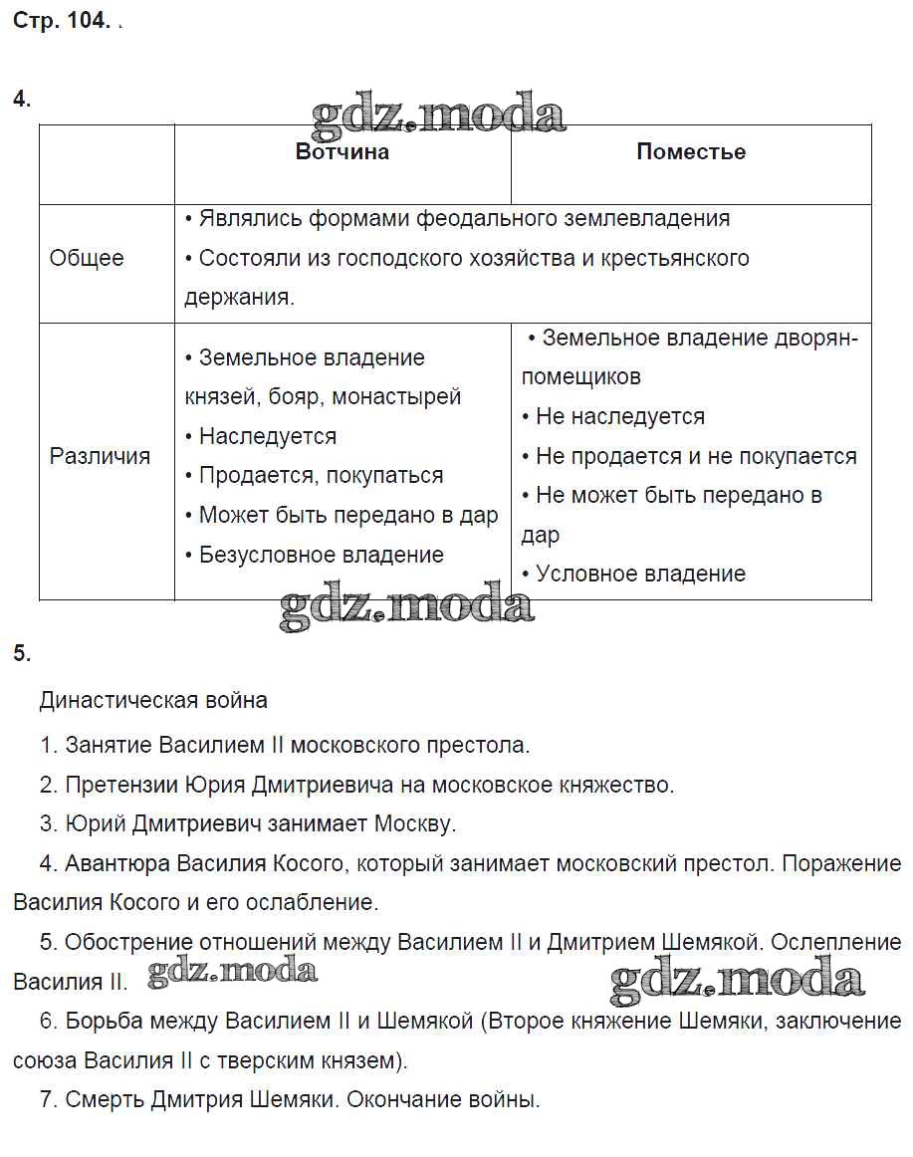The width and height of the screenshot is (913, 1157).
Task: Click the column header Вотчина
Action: pyautogui.click(x=342, y=152)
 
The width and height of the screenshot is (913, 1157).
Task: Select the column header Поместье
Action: pyautogui.click(x=691, y=152)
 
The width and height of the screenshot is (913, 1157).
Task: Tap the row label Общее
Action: pyautogui.click(x=87, y=258)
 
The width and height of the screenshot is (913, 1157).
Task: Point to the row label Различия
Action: pyautogui.click(x=100, y=456)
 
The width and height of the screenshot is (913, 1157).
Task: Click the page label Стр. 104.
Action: pyautogui.click(x=61, y=22)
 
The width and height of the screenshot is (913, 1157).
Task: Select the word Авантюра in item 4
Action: pyautogui.click(x=116, y=863)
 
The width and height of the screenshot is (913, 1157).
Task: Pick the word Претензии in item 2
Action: pyautogui.click(x=122, y=785)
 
